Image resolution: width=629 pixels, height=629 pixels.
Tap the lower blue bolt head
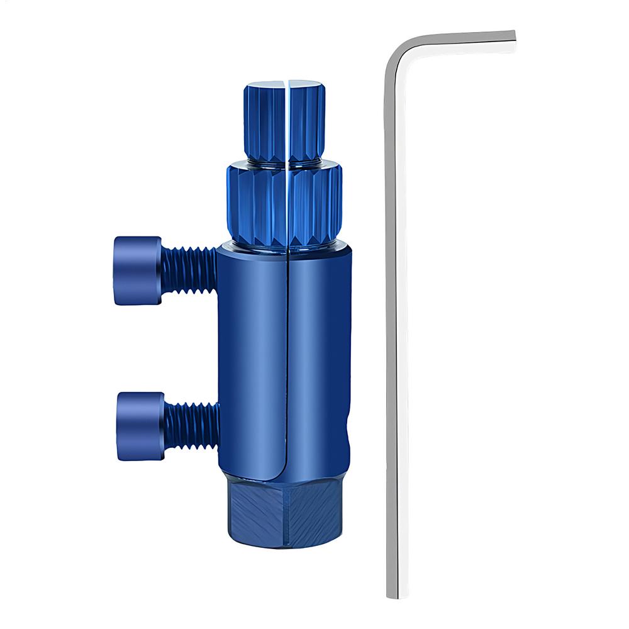140,425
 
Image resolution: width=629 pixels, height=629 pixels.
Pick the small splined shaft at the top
263,123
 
